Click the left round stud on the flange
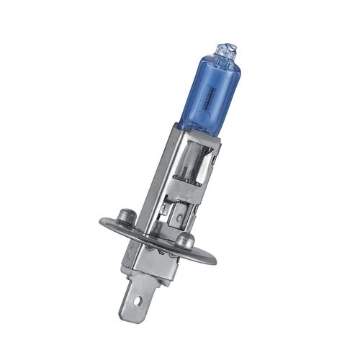point(127,215)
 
